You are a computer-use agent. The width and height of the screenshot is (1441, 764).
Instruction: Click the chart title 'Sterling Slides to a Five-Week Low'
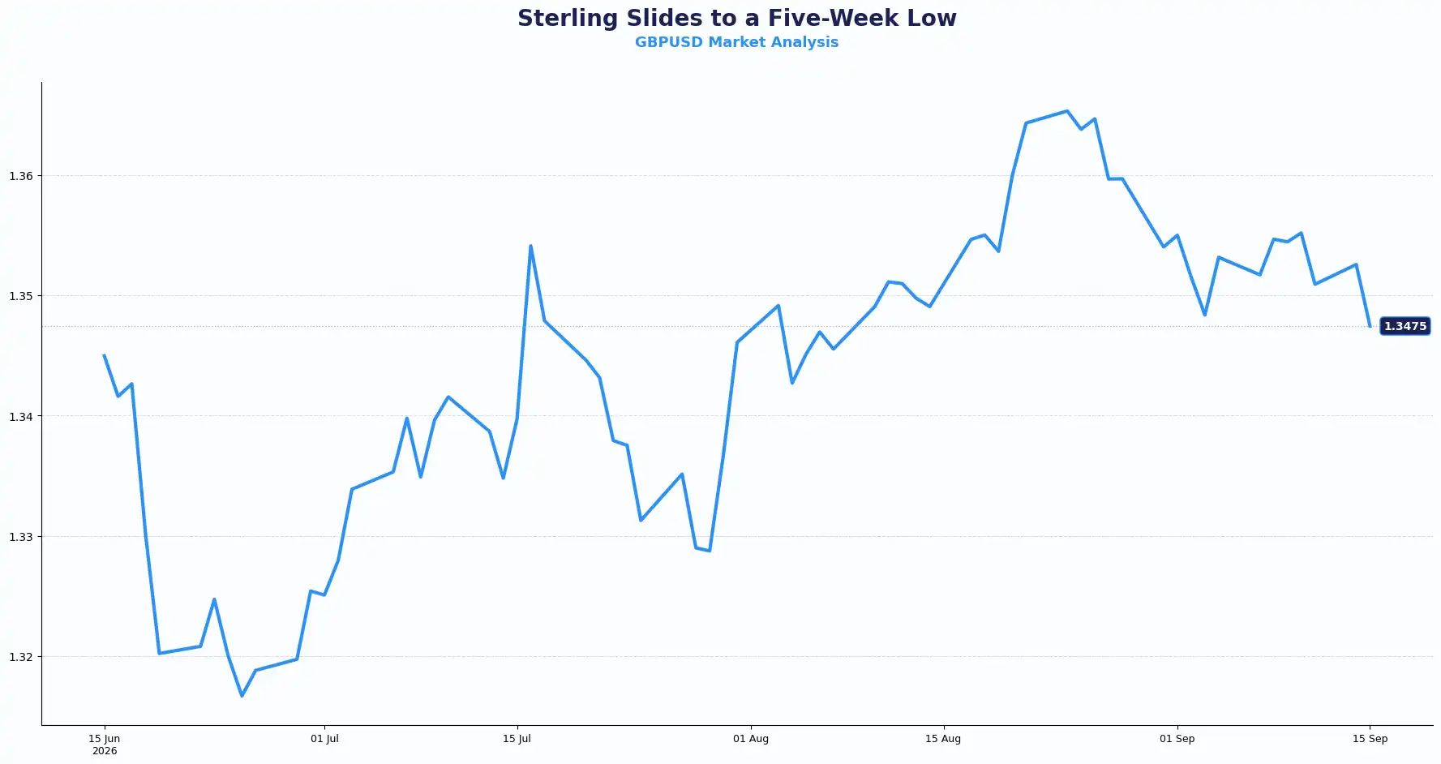(x=736, y=18)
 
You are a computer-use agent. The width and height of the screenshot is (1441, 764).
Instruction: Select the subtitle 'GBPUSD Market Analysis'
(x=736, y=42)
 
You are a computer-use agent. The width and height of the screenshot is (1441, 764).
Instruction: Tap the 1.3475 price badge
(x=1405, y=326)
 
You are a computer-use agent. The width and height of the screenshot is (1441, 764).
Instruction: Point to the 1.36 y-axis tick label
(x=21, y=176)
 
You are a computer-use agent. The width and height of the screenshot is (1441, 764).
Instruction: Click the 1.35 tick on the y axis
(x=21, y=296)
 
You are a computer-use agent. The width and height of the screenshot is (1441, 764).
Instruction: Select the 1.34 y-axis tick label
(x=21, y=417)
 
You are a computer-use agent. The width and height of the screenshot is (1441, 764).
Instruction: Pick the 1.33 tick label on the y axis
(x=21, y=537)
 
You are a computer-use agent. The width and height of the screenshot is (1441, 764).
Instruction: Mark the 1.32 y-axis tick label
(x=21, y=657)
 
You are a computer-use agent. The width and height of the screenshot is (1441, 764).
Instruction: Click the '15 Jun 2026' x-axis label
(x=104, y=745)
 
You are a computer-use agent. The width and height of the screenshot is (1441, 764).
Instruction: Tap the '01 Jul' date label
(x=324, y=739)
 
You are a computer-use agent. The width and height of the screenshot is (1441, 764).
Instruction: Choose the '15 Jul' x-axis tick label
(x=517, y=739)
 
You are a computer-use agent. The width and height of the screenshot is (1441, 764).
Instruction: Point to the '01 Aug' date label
(x=751, y=739)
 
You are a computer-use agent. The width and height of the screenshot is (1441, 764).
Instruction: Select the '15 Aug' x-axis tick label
(x=943, y=739)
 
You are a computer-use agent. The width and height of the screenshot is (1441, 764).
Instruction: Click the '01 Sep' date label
(x=1177, y=739)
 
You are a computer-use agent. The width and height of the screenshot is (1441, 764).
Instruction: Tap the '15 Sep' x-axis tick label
(x=1370, y=739)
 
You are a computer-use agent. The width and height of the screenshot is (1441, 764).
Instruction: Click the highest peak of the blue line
(x=1067, y=111)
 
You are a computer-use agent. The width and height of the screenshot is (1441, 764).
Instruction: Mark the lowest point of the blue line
(x=242, y=696)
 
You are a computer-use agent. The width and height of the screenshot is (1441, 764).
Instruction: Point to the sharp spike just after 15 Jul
(x=530, y=246)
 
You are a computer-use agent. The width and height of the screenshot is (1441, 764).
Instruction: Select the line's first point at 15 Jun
(x=104, y=355)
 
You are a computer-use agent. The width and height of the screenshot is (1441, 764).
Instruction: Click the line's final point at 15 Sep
(x=1370, y=326)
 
